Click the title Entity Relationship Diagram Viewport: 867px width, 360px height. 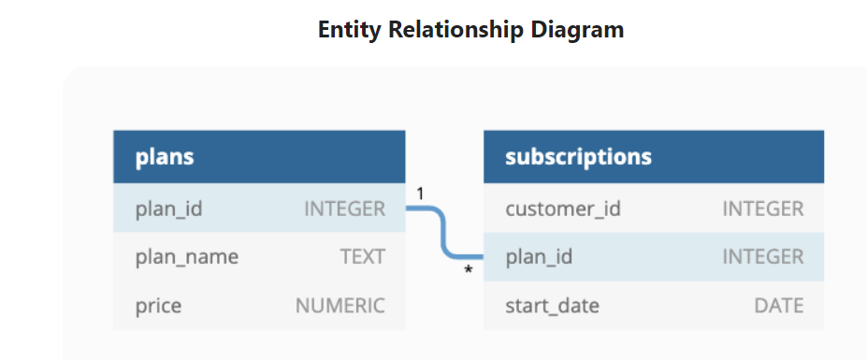click(x=470, y=30)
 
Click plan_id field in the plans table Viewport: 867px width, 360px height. click(x=169, y=209)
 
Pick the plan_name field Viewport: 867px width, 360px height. click(x=187, y=257)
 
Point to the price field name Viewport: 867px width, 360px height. click(x=158, y=306)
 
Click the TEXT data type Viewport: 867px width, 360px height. click(x=362, y=257)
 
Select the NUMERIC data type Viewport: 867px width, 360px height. click(x=340, y=306)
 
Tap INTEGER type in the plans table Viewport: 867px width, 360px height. click(x=344, y=209)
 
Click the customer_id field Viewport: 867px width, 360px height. click(x=563, y=209)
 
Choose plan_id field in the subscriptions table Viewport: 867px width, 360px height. click(x=539, y=257)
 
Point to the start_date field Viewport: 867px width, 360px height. click(x=552, y=306)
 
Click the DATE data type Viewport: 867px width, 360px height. click(x=778, y=306)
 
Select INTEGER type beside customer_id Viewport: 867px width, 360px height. click(x=762, y=209)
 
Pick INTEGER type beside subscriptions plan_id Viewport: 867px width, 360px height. click(x=762, y=257)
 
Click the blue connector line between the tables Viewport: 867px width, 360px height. click(x=443, y=233)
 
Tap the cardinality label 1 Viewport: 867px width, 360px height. click(x=420, y=194)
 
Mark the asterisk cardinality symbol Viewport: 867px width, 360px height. click(x=469, y=270)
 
